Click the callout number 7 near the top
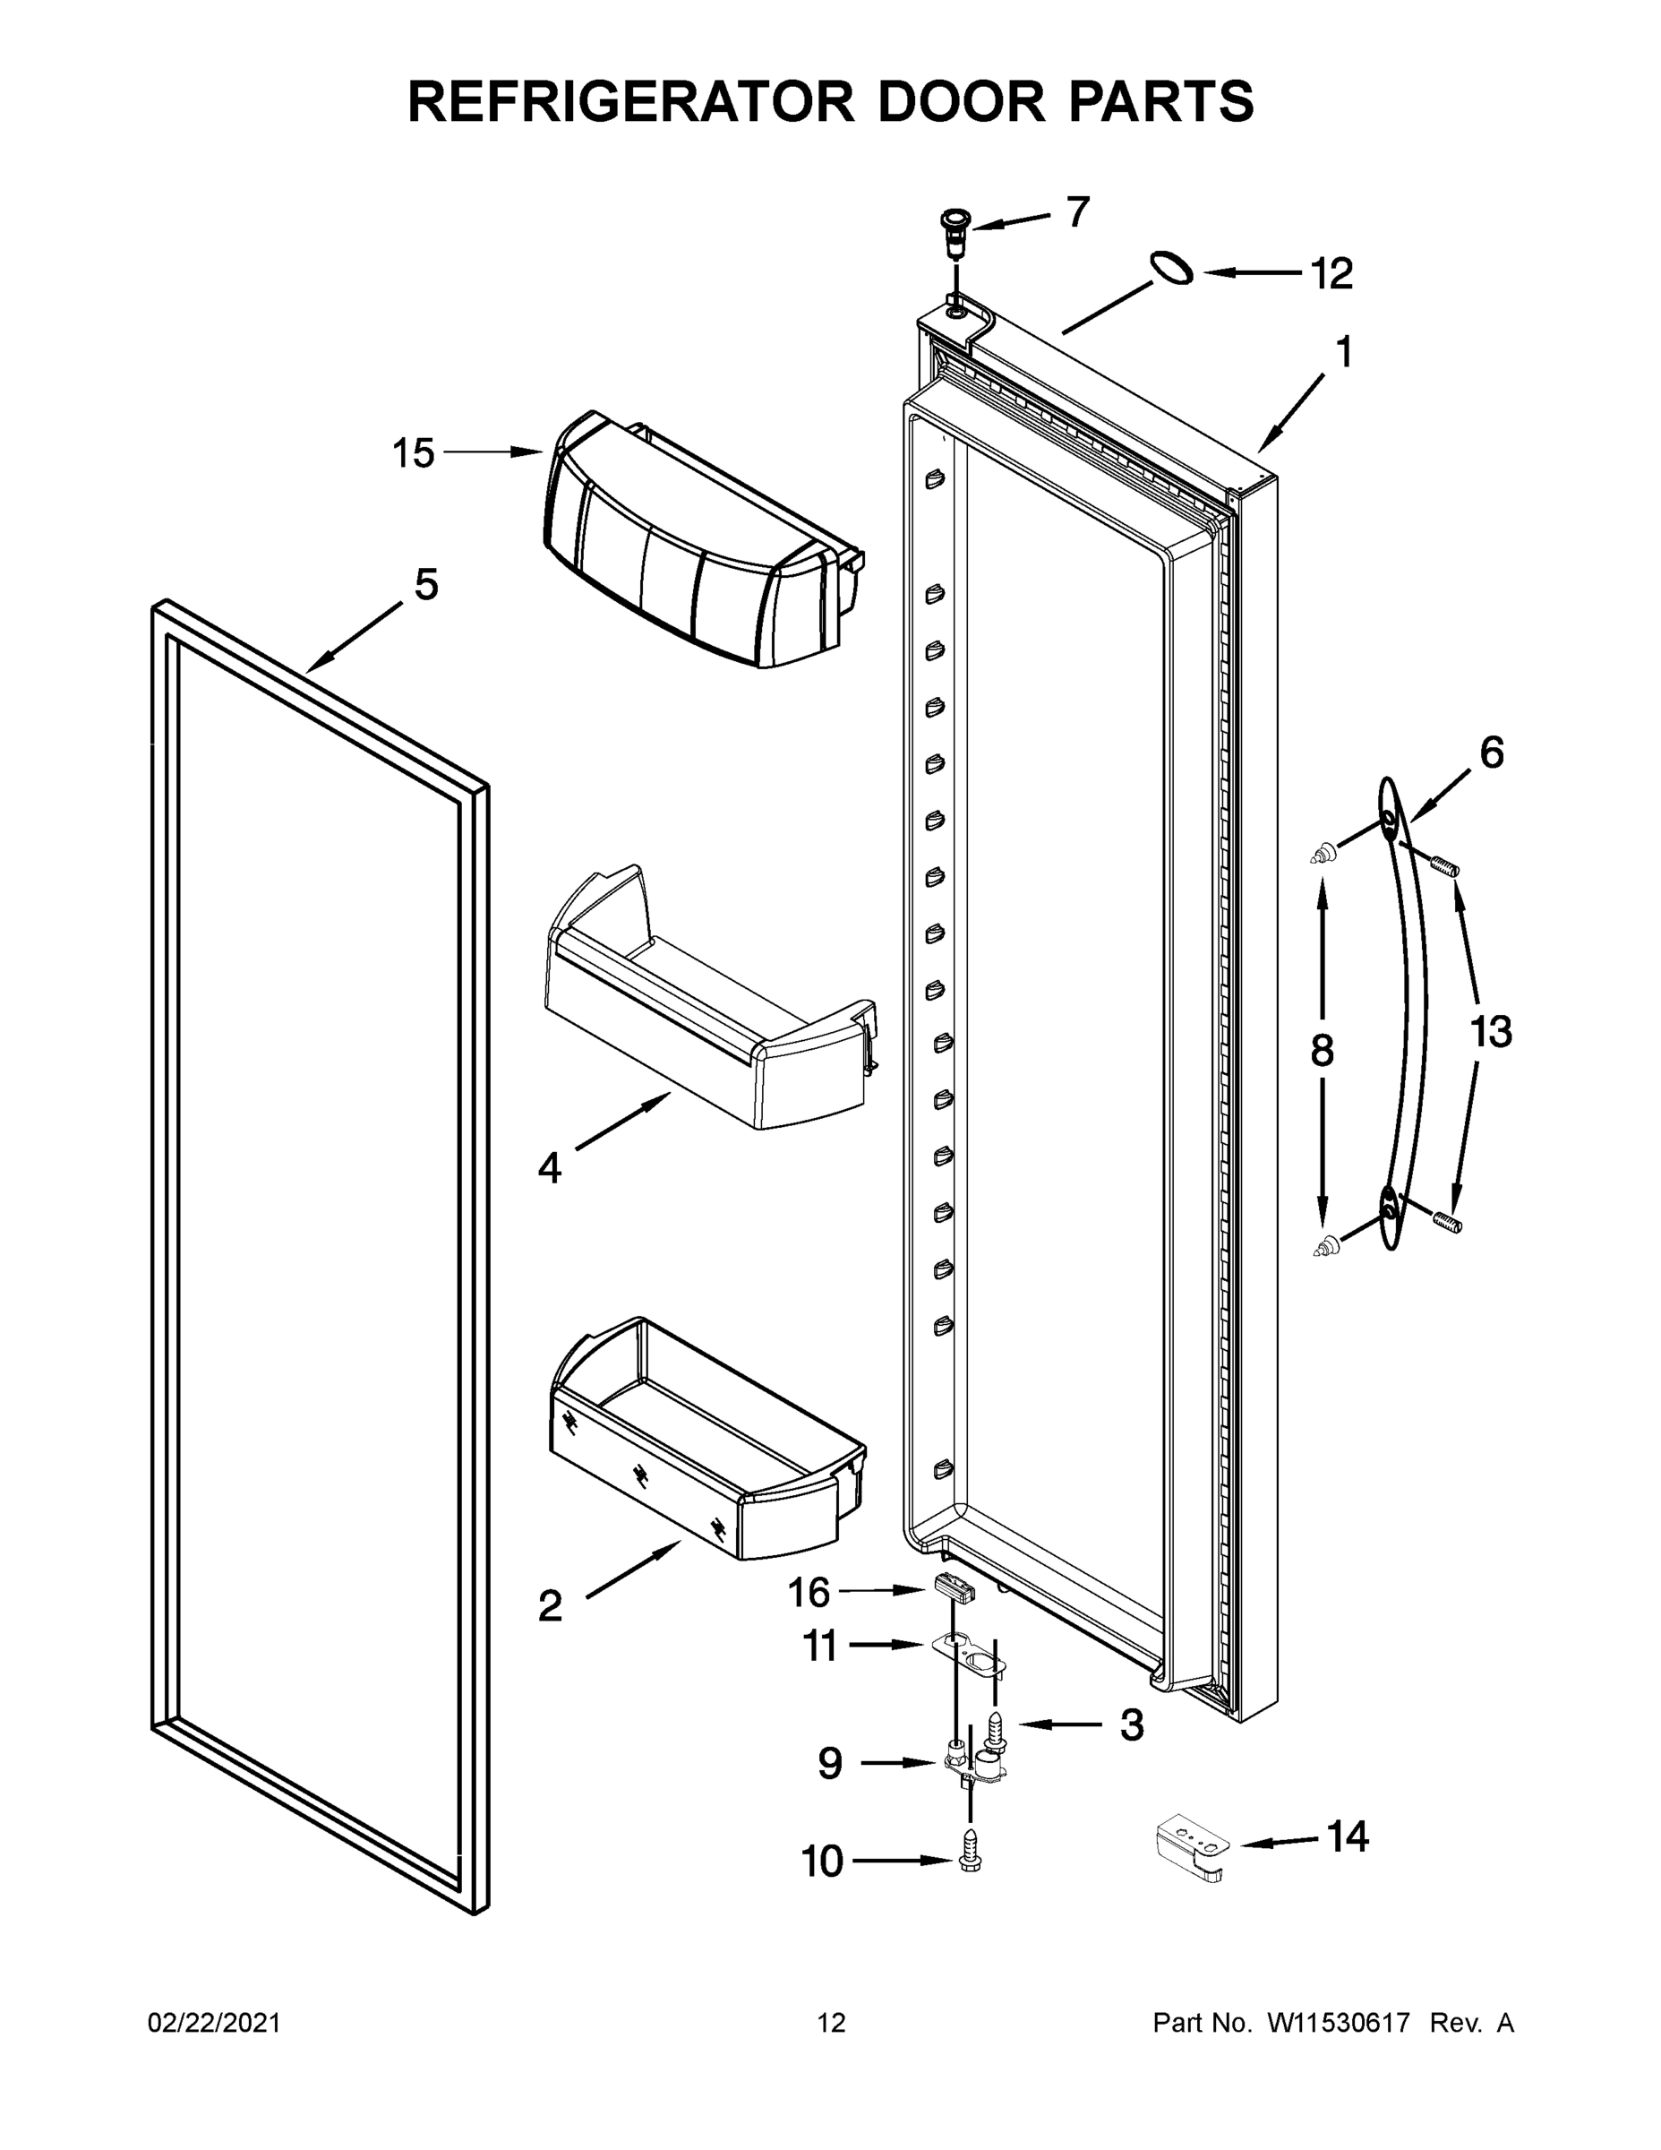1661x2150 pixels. pyautogui.click(x=1078, y=211)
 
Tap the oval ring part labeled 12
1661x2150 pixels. pyautogui.click(x=1171, y=267)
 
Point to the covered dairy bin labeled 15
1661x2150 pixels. pyautogui.click(x=689, y=551)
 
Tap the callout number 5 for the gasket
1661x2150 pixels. pyautogui.click(x=425, y=585)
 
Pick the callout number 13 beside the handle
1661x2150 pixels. pyautogui.click(x=1491, y=1033)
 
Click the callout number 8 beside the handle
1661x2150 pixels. pyautogui.click(x=1322, y=1051)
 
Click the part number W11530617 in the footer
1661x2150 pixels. pyautogui.click(x=1339, y=2023)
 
